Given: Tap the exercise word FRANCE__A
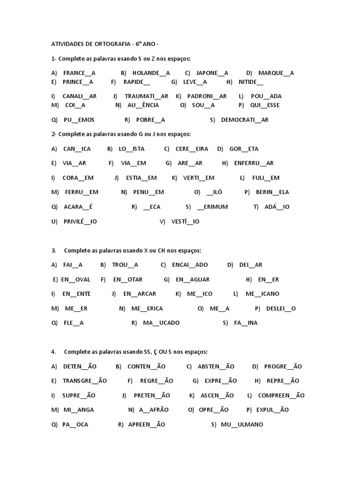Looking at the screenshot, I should pos(79,73).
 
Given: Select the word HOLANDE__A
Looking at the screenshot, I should pos(151,73).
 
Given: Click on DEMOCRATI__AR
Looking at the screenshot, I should pos(245,120).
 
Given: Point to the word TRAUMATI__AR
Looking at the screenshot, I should pos(146,96).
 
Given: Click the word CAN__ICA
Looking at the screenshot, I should pos(77,149).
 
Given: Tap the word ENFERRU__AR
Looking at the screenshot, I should pos(254,163).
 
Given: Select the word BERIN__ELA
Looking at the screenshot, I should pos(272,192).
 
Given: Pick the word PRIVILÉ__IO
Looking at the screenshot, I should pos(80,221).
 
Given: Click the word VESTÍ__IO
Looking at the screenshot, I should pos(185,221).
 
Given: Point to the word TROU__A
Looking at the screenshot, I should pos(125,265).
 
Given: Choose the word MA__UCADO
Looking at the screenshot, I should pos(161,323).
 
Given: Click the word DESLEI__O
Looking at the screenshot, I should pos(281,308).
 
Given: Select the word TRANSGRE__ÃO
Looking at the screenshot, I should pos(84,381).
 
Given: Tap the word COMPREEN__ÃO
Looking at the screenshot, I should pos(281,396).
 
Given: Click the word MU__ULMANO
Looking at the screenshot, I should pos(242,425).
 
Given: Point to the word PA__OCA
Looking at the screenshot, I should pos(75,425).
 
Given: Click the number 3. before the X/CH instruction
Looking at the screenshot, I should pos(54,250).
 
